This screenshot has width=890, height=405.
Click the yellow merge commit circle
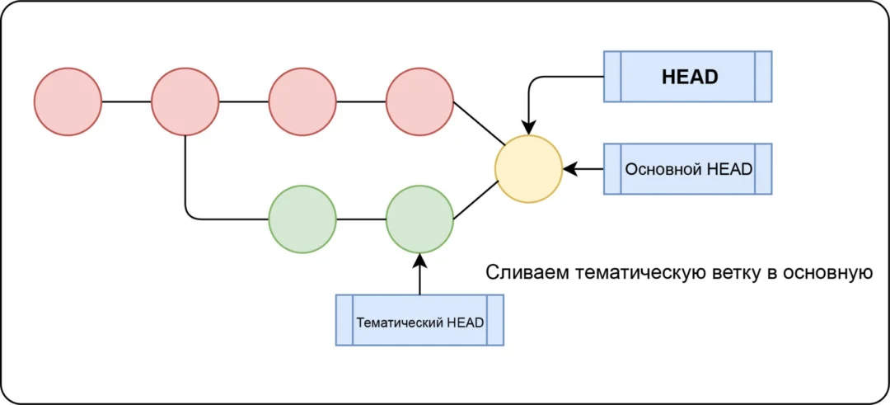click(x=528, y=169)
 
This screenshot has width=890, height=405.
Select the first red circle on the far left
click(x=68, y=101)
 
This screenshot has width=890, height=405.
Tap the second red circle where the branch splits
click(x=185, y=101)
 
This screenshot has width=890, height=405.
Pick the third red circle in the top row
click(x=302, y=101)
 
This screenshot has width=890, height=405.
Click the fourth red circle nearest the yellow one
click(x=419, y=101)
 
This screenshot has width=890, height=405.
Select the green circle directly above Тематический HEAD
click(x=419, y=219)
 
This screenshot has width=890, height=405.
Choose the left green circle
click(x=302, y=219)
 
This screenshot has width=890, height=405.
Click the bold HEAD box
click(x=688, y=77)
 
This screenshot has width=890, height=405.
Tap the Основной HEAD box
click(x=688, y=169)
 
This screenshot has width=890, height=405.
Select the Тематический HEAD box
click(x=419, y=320)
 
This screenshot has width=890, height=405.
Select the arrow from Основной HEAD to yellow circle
click(x=583, y=169)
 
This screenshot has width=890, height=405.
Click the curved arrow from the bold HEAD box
click(x=544, y=78)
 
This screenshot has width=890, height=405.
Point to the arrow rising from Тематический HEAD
click(x=419, y=275)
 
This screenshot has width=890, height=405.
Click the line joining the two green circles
click(x=361, y=219)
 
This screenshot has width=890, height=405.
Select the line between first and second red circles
click(x=126, y=101)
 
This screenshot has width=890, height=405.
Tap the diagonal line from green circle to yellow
click(x=475, y=200)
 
